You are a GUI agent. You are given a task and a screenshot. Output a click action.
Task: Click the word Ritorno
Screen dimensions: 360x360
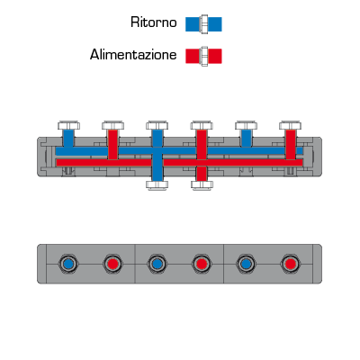tap(154, 22)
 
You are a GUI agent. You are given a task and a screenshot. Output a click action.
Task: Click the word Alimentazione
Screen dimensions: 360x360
tap(133, 55)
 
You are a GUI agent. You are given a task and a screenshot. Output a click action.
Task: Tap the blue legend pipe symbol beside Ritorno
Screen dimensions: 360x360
tap(203, 24)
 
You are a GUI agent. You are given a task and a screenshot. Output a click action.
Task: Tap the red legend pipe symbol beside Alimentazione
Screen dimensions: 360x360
tap(203, 56)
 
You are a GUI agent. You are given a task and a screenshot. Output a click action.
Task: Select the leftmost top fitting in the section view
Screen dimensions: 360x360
tap(68, 125)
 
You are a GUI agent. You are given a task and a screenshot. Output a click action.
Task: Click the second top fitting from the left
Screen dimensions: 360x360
tap(113, 125)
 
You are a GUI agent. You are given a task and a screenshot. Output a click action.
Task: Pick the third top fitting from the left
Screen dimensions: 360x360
tap(157, 125)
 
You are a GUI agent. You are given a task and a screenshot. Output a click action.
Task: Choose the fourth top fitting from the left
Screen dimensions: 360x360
tap(202, 125)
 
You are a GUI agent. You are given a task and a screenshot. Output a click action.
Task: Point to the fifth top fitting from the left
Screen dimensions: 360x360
tap(246, 125)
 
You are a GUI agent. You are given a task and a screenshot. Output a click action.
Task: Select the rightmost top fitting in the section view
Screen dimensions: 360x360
tap(290, 125)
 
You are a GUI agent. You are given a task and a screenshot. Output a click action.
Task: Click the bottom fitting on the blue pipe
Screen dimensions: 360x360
tap(157, 185)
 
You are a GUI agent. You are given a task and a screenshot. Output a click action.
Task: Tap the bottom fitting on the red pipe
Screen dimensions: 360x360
tap(202, 185)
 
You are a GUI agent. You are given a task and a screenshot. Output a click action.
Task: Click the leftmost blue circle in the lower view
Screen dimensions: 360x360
tap(68, 264)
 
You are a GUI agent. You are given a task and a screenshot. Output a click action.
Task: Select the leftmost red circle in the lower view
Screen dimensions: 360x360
tap(113, 264)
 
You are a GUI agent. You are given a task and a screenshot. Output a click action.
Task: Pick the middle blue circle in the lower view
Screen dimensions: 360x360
tap(157, 264)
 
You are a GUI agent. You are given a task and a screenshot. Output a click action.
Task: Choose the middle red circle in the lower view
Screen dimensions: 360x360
tap(202, 264)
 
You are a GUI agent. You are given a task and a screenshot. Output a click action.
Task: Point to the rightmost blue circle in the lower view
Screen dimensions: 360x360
tap(246, 264)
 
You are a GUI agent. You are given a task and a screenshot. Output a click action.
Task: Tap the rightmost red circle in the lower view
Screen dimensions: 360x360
tap(290, 264)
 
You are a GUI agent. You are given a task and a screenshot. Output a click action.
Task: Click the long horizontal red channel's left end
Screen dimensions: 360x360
tap(57, 163)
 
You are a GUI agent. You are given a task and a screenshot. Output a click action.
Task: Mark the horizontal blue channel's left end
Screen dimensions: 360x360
tap(56, 151)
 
